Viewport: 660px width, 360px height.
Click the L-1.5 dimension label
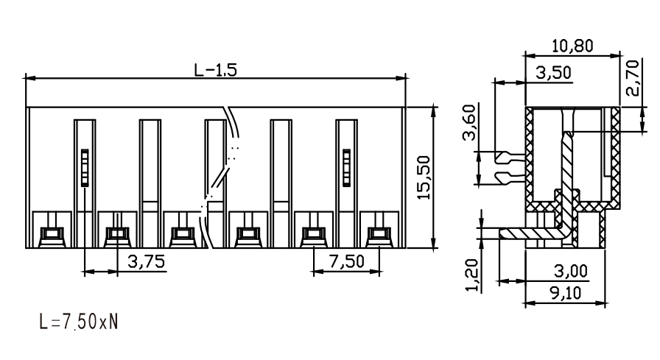216,70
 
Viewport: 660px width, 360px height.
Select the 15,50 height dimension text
424,177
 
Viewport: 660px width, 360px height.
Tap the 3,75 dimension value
146,261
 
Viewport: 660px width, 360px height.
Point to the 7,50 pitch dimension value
346,261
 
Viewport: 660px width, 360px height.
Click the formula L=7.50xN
79,322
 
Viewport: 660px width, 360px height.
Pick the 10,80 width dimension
572,46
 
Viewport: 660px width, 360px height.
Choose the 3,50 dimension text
554,73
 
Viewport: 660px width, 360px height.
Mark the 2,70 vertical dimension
632,78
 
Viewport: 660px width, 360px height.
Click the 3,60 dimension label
468,122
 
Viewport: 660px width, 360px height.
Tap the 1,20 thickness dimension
472,275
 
